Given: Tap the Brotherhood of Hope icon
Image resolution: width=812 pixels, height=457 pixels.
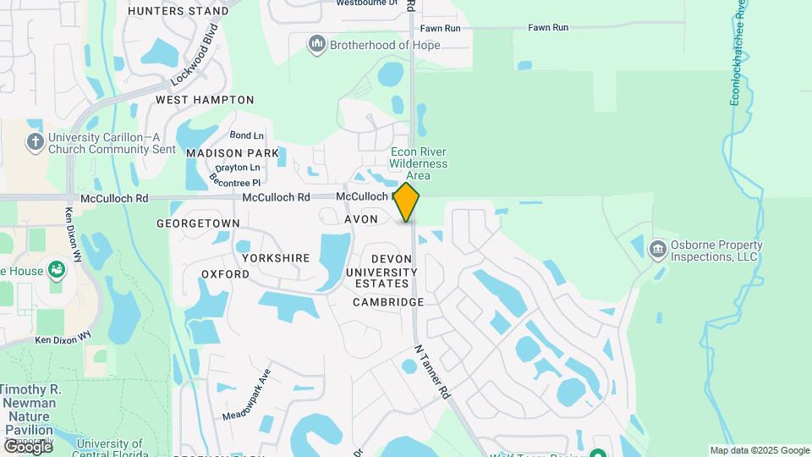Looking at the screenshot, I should (317, 44).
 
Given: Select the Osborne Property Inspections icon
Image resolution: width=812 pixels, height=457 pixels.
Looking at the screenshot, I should (658, 251).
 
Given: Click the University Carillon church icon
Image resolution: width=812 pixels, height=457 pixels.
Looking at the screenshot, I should (36, 141).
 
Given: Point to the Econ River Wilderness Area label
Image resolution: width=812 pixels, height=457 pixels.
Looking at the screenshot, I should (419, 164).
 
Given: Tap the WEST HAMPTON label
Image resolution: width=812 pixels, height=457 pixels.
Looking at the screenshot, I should (205, 99).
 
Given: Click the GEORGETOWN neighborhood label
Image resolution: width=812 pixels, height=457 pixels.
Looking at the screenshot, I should (198, 223).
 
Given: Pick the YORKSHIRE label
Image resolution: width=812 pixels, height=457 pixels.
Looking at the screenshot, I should (276, 257).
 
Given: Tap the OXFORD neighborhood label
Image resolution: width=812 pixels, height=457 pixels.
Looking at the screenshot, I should (225, 274).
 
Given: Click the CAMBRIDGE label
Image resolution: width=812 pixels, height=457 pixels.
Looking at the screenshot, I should (388, 302).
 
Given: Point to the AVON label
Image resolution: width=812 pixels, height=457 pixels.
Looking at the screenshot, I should (360, 219).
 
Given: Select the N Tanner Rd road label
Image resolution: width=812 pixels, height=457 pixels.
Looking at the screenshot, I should (432, 372).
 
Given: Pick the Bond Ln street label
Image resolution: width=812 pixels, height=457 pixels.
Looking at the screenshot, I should (247, 135).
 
